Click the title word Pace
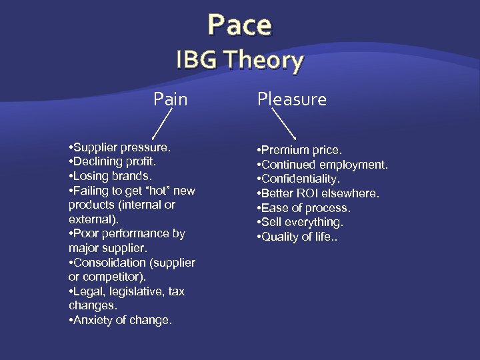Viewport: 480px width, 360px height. (x=239, y=25)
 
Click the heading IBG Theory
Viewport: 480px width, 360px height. (x=239, y=61)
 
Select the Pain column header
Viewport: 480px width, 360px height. (x=171, y=99)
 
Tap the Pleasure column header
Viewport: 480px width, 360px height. (x=291, y=99)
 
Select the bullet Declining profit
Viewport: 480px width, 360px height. (x=115, y=161)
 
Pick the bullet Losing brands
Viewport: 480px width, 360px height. (x=111, y=176)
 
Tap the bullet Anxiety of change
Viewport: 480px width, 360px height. (x=120, y=321)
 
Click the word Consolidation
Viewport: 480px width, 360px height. (x=107, y=263)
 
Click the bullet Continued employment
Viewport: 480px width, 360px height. (x=323, y=165)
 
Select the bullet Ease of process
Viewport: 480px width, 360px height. (x=303, y=208)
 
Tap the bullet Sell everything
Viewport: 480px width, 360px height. (x=300, y=222)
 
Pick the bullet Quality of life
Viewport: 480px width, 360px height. (x=297, y=237)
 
